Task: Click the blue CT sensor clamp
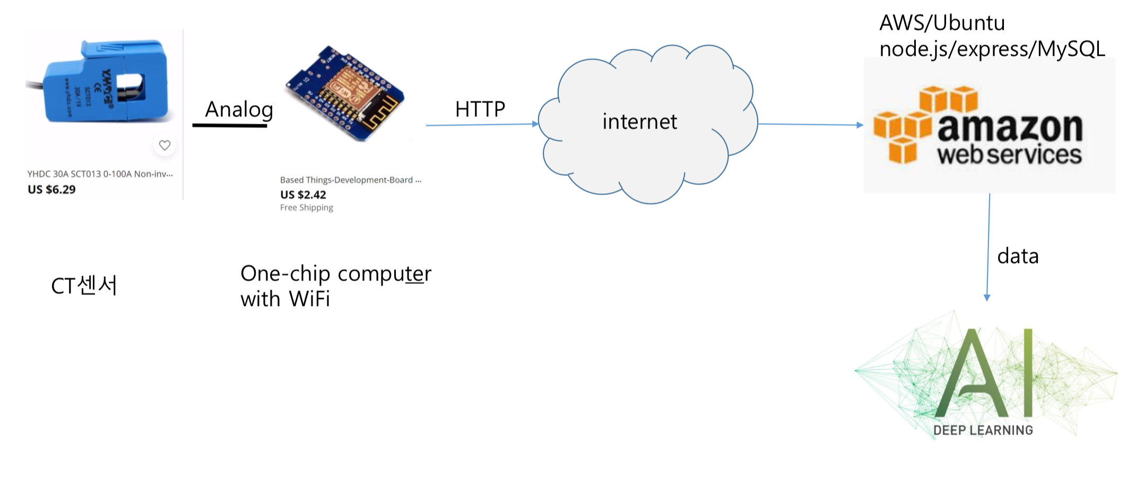(x=106, y=82)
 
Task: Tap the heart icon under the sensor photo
(x=164, y=145)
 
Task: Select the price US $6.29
(x=51, y=190)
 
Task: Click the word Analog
(x=239, y=109)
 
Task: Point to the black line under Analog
(x=230, y=126)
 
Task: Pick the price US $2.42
(x=303, y=195)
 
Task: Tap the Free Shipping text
(x=307, y=208)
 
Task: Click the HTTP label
(x=480, y=109)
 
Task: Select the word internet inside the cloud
(x=639, y=122)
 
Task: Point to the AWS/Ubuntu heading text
(x=942, y=23)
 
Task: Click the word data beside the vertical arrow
(x=1018, y=256)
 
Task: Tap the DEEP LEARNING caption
(x=983, y=430)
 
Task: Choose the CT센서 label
(x=84, y=286)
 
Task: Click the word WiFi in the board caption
(x=309, y=299)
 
